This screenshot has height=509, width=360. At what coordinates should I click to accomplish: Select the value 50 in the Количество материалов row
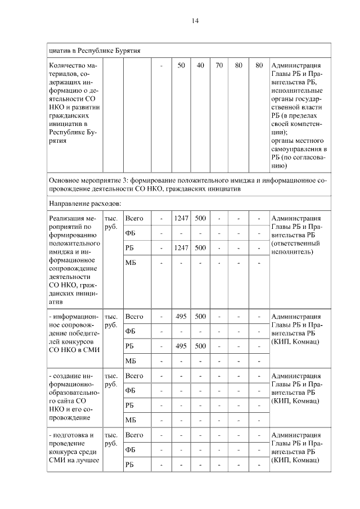(181, 66)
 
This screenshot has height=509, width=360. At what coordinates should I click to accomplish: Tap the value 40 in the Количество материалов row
(200, 66)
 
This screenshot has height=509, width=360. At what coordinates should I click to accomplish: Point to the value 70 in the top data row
(219, 66)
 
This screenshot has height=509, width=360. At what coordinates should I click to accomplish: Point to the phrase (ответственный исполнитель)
(295, 248)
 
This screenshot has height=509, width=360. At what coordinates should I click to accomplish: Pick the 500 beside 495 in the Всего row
(200, 317)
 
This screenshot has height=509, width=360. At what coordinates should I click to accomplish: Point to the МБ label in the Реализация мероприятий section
(130, 263)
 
